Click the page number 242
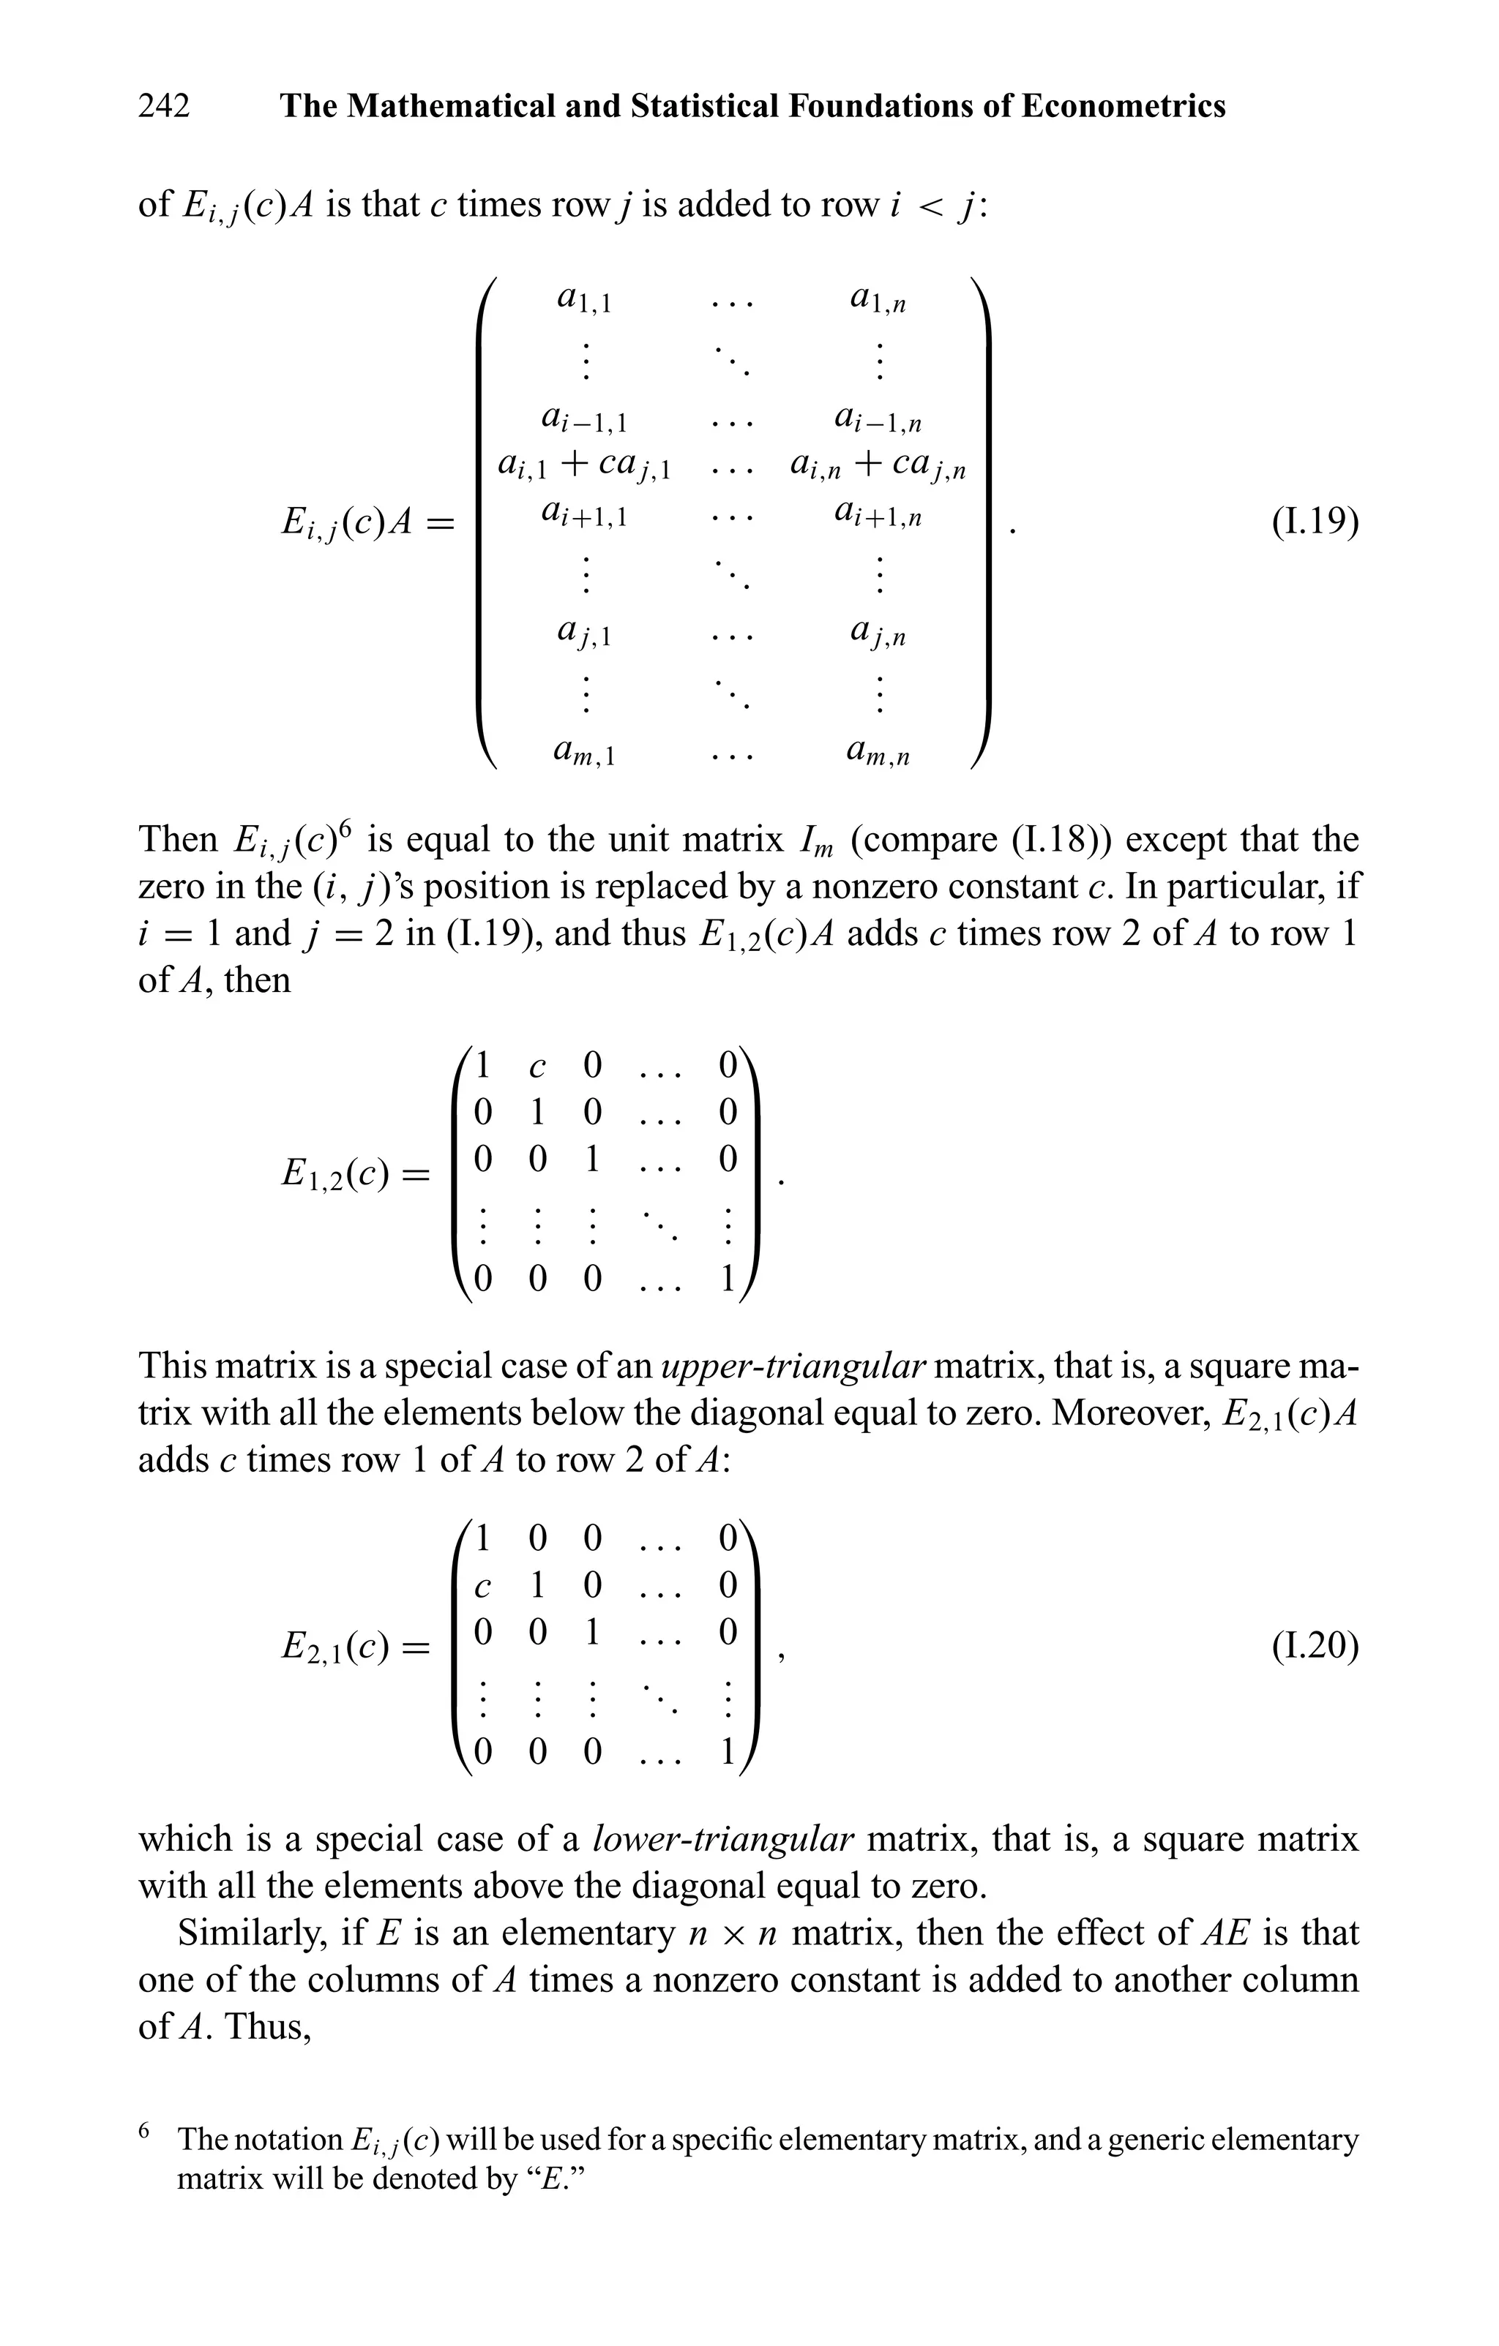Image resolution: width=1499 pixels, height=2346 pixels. [x=164, y=105]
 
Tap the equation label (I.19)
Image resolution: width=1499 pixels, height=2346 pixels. [x=1315, y=523]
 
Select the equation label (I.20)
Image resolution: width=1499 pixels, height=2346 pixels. [x=1315, y=1645]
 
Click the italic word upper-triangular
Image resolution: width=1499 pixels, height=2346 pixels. [x=793, y=1366]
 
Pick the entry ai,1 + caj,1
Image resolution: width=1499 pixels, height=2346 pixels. [x=585, y=466]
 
